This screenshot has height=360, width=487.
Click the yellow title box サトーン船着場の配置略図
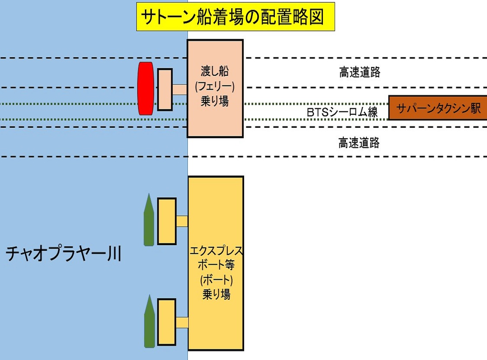click(236, 16)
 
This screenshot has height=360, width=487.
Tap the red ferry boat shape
click(146, 88)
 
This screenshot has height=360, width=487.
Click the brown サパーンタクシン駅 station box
click(438, 107)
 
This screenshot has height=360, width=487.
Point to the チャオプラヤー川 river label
click(63, 253)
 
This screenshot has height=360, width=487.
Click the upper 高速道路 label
click(359, 72)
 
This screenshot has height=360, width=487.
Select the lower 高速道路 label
click(359, 143)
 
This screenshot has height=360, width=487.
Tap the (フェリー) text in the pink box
click(215, 87)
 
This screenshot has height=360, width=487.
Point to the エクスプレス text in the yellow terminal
click(216, 251)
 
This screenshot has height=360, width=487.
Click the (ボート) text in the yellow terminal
click(216, 280)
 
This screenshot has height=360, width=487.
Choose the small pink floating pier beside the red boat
click(164, 89)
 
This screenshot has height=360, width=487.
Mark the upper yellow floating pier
click(167, 221)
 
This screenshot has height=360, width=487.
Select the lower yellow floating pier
click(167, 322)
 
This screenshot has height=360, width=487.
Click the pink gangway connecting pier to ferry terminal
click(180, 89)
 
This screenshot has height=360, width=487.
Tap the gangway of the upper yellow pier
click(182, 221)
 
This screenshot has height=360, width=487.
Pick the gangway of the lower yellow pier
click(182, 322)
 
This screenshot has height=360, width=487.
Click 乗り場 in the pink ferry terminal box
click(215, 102)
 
